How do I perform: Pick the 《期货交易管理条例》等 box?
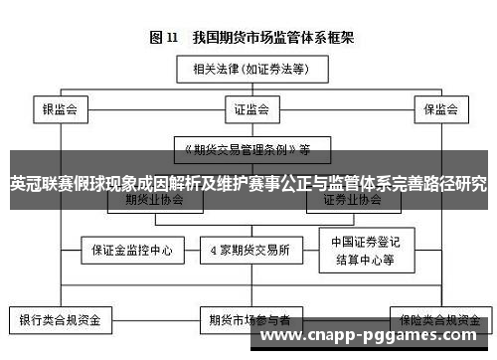(245, 149)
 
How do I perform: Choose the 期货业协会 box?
(155, 200)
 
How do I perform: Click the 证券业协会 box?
(352, 200)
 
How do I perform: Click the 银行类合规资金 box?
(61, 320)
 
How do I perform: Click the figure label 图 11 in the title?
(163, 38)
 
